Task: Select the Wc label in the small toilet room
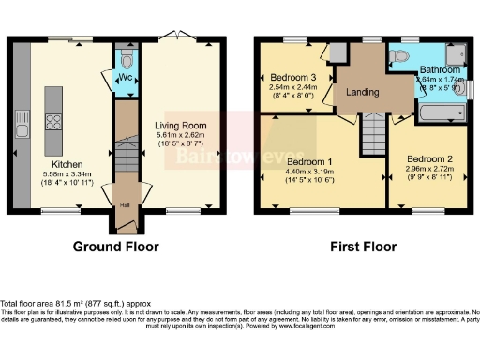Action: [x=125, y=79]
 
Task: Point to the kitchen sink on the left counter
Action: [x=22, y=120]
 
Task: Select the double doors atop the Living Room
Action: [x=175, y=38]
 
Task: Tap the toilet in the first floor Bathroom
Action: [x=410, y=54]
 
